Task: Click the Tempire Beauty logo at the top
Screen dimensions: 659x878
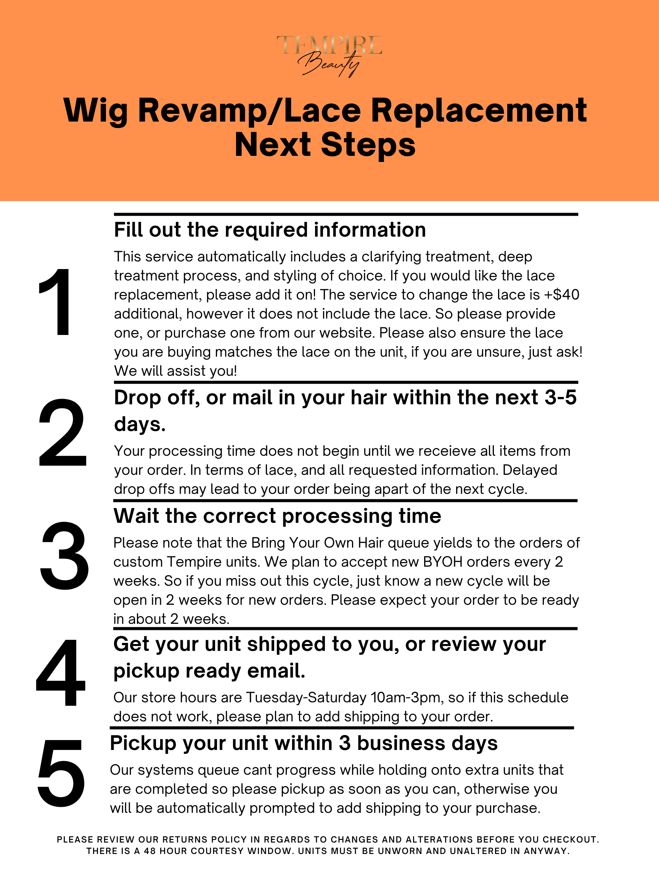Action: [329, 56]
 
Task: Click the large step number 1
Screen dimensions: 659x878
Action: [56, 302]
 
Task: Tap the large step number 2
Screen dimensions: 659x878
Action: [63, 433]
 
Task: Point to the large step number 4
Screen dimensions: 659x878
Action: [60, 672]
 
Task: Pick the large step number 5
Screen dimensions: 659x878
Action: [61, 773]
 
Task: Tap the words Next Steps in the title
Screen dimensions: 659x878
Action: [325, 145]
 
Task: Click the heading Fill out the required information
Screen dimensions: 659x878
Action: [270, 230]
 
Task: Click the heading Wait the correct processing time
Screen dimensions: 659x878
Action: [277, 516]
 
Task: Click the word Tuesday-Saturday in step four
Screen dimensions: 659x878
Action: [306, 698]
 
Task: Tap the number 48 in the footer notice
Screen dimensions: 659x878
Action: [151, 851]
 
